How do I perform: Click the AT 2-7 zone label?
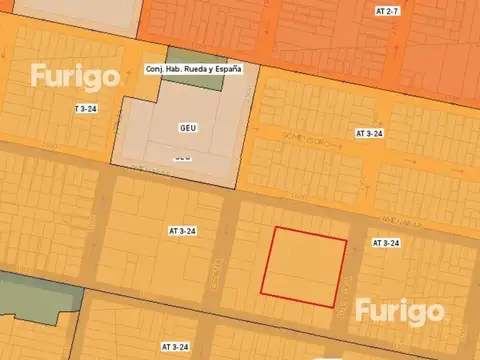click(x=387, y=11)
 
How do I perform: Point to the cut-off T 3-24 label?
click(x=86, y=108)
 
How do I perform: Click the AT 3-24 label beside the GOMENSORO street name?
click(x=370, y=133)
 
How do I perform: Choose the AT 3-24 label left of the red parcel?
click(x=182, y=231)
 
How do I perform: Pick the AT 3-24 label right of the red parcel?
click(x=386, y=243)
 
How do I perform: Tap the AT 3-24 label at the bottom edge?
click(x=175, y=346)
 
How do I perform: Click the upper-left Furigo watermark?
click(x=74, y=76)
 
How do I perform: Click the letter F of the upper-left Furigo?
click(x=38, y=75)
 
